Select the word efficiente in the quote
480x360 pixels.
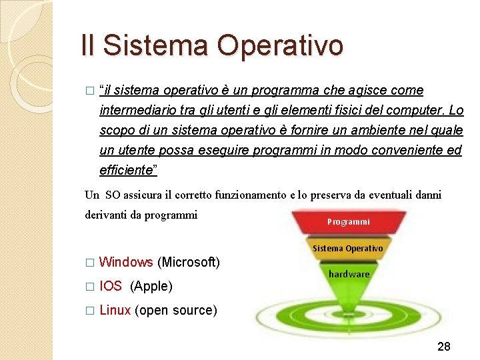[126, 170]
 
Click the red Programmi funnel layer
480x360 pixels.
[348, 221]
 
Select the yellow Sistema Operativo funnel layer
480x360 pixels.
[347, 248]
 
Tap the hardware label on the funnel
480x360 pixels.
[349, 274]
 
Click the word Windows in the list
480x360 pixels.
[126, 262]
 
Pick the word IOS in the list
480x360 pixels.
[111, 286]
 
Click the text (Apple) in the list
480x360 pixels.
[151, 286]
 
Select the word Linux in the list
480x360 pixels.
[115, 310]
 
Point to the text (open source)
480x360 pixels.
[176, 310]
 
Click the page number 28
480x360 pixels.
[444, 346]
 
